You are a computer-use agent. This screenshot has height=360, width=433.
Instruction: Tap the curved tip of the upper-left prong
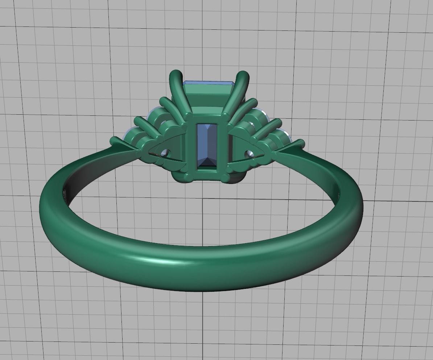coord(176,74)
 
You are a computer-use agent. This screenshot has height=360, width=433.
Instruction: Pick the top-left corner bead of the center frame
coord(189,116)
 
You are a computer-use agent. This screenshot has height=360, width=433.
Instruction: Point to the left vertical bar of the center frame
coord(191,145)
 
